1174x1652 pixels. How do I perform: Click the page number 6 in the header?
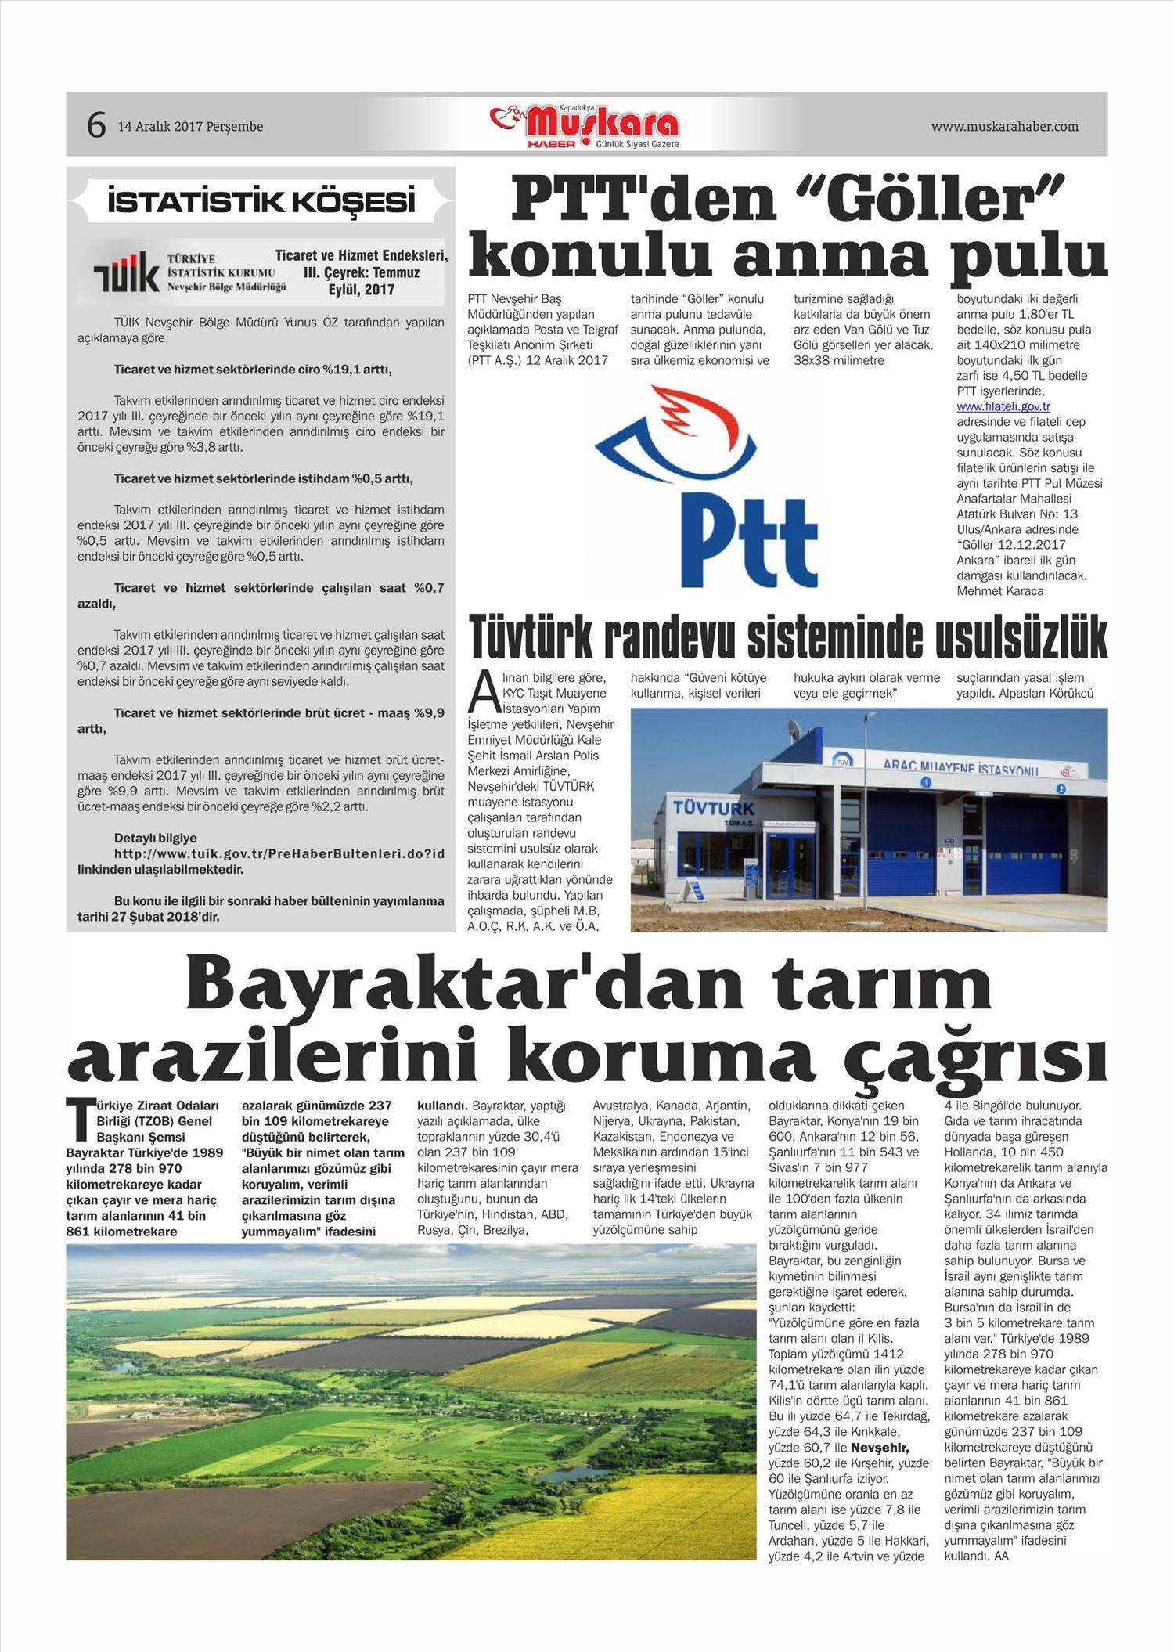(x=95, y=125)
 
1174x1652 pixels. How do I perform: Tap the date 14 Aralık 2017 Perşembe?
(x=190, y=127)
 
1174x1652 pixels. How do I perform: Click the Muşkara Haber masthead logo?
(x=586, y=126)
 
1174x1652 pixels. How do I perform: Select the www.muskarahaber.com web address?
(x=1004, y=126)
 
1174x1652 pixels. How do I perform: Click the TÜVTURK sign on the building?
(x=712, y=807)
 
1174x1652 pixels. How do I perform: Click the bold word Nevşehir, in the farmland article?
(x=880, y=1447)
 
